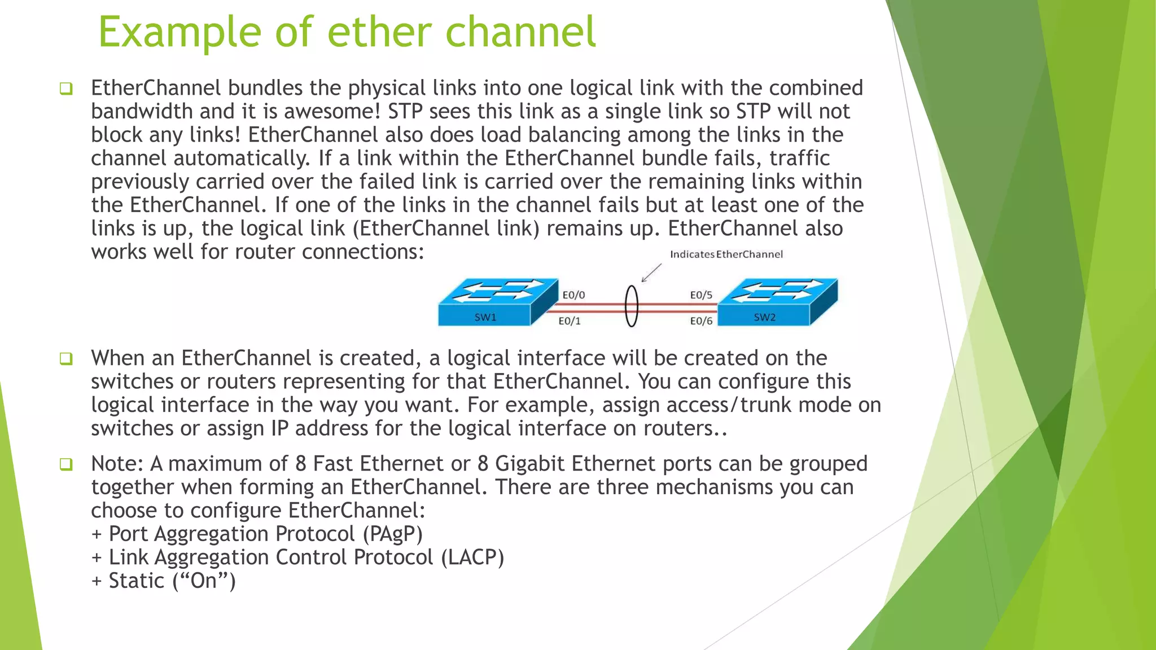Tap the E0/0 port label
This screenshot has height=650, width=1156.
pyautogui.click(x=573, y=295)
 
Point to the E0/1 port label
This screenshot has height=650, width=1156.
pyautogui.click(x=570, y=321)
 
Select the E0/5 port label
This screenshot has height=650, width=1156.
pyautogui.click(x=701, y=295)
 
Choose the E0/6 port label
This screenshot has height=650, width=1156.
pyautogui.click(x=701, y=321)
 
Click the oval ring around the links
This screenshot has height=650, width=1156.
pyautogui.click(x=632, y=306)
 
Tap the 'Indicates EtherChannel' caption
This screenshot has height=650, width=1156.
pyautogui.click(x=726, y=254)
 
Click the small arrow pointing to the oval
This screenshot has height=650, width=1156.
pyautogui.click(x=651, y=273)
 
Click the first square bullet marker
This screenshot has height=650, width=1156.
pyautogui.click(x=66, y=89)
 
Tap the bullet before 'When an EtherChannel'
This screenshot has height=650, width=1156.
pyautogui.click(x=66, y=358)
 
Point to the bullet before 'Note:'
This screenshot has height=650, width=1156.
pyautogui.click(x=66, y=464)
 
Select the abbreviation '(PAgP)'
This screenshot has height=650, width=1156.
pyautogui.click(x=393, y=534)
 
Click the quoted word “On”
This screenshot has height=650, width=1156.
pyautogui.click(x=203, y=581)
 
